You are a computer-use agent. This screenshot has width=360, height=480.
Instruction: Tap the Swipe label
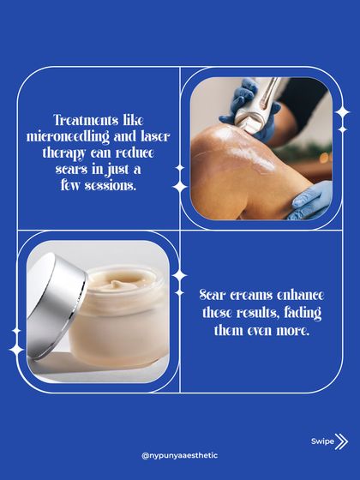click(321, 441)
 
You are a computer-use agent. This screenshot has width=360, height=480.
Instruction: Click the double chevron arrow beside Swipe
click(343, 441)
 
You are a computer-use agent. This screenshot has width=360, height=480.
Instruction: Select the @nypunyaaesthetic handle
click(179, 455)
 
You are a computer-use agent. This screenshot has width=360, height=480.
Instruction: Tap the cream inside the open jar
click(124, 282)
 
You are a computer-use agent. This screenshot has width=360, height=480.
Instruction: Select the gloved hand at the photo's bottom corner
click(313, 201)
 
